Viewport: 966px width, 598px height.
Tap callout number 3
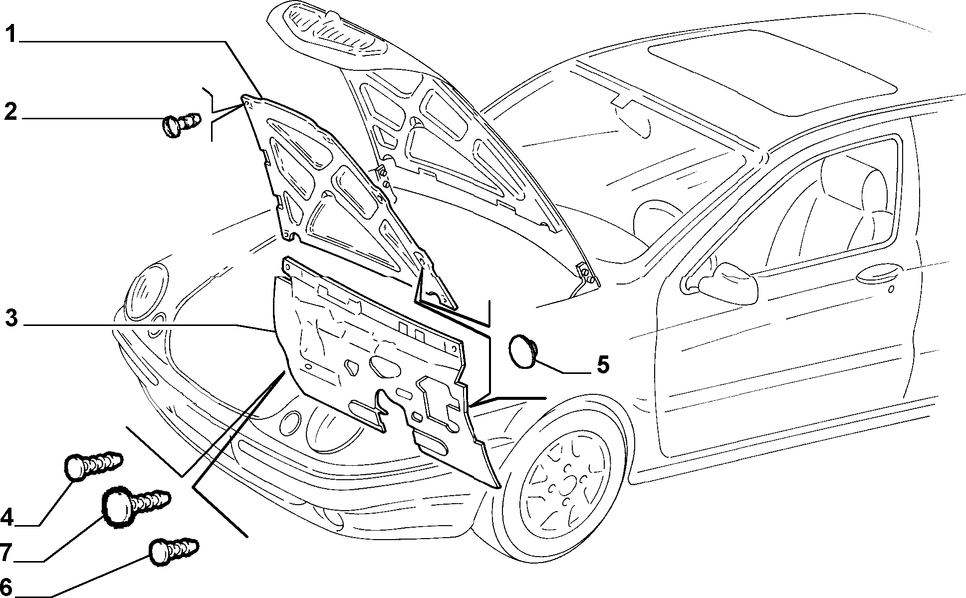coord(12,318)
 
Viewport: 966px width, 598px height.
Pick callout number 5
coord(603,365)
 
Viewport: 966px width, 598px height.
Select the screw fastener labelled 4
coord(93,466)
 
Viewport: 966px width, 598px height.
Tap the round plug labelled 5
coord(523,351)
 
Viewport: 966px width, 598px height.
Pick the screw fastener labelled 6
coord(174,551)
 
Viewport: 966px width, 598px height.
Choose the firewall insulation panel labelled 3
coord(379,369)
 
